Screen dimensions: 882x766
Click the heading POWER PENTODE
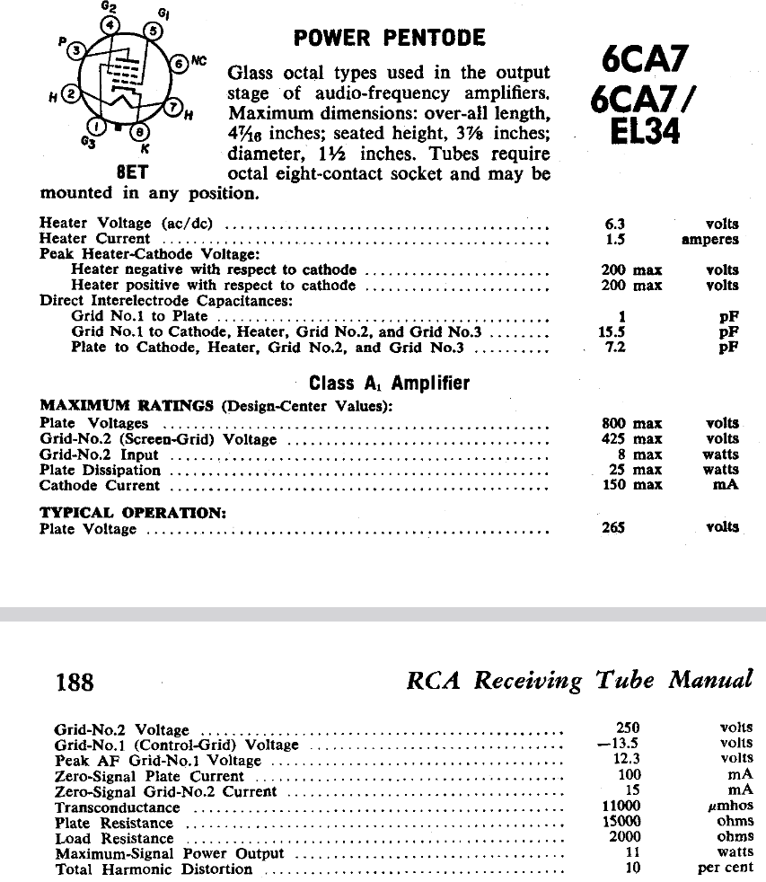[x=389, y=39]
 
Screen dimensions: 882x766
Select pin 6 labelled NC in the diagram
[x=179, y=64]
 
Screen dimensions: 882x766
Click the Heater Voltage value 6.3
[x=615, y=224]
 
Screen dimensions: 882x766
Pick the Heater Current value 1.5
[x=615, y=240]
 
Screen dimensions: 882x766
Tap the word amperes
[x=710, y=240]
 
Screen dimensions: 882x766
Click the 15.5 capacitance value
[x=612, y=331]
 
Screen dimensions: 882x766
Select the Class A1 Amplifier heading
[x=389, y=384]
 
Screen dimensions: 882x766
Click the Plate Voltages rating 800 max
[x=631, y=423]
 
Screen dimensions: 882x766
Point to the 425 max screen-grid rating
[x=631, y=439]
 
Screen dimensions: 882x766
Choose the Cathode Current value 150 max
[x=631, y=485]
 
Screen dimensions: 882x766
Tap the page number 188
[x=75, y=682]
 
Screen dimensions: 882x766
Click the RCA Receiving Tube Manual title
[x=579, y=680]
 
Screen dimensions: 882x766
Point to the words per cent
[x=726, y=869]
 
